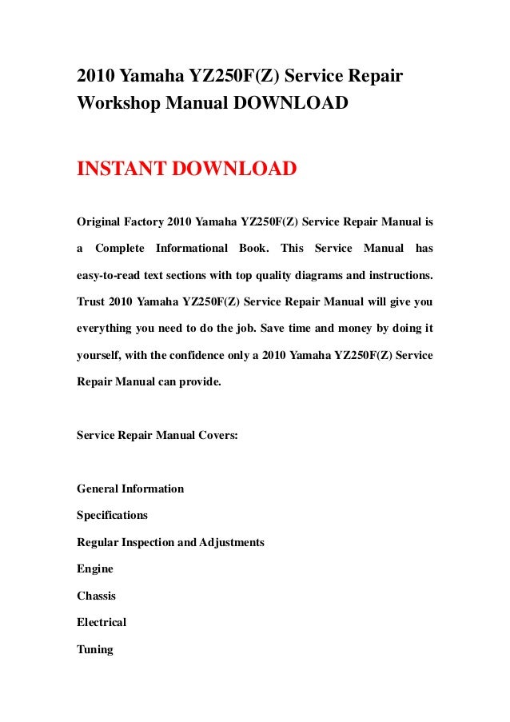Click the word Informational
[x=192, y=248]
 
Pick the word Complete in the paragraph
[x=119, y=248]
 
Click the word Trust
[x=91, y=301]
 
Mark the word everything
[x=105, y=329]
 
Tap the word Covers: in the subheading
[x=217, y=436]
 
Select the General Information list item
[x=130, y=489]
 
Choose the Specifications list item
[x=112, y=516]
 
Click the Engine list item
[x=95, y=569]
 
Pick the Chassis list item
[x=97, y=596]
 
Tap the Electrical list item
[x=102, y=623]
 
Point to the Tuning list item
[x=95, y=650]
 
